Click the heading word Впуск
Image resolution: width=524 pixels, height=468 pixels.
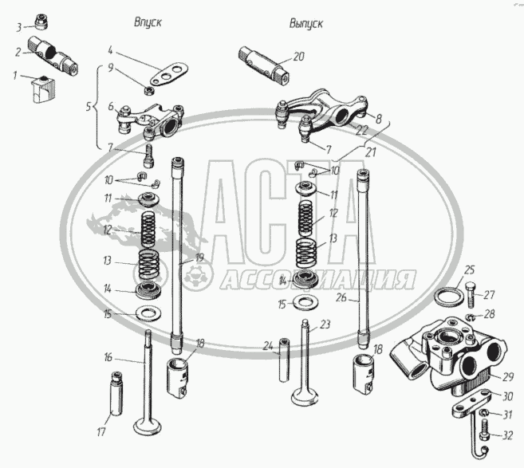point(148,22)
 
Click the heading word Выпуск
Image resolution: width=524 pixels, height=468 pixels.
point(306,24)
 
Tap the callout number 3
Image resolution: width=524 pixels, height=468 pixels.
point(19,27)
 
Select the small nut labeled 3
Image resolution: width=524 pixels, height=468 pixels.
point(41,21)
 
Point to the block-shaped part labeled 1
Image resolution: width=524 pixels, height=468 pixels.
point(43,88)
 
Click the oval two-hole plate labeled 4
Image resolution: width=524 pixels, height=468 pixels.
point(169,74)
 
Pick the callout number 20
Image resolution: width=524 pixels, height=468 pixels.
point(298,57)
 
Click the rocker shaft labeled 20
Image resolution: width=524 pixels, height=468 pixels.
point(264,66)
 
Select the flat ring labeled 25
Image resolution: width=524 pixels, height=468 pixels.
point(448,296)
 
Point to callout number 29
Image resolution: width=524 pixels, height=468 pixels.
point(507,377)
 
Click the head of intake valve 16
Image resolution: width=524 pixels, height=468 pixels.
point(148,427)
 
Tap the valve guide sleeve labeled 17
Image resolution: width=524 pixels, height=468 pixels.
point(116,394)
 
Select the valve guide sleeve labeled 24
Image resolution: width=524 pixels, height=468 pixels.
point(284,360)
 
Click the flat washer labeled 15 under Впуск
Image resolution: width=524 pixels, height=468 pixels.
point(148,314)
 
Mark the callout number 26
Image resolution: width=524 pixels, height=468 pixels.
point(341,297)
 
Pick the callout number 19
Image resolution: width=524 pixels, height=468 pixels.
point(199,258)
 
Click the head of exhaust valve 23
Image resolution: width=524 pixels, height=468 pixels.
point(305,397)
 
